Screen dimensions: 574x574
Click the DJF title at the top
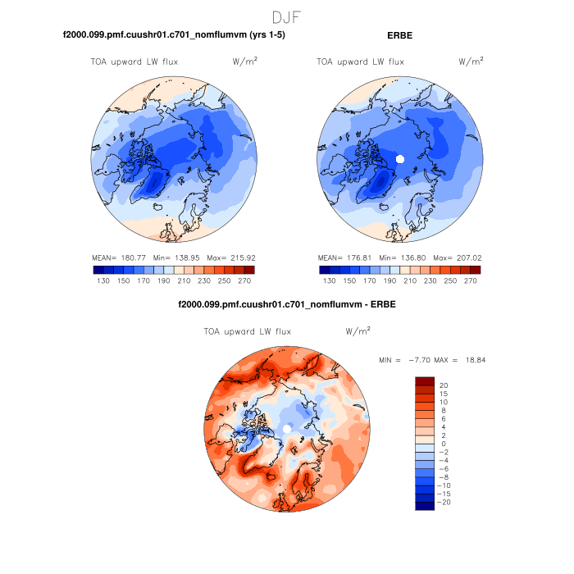pyautogui.click(x=286, y=16)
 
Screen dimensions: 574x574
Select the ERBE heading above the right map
pyautogui.click(x=399, y=36)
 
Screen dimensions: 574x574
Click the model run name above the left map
pyautogui.click(x=174, y=36)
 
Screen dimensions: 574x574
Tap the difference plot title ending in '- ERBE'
pyautogui.click(x=286, y=306)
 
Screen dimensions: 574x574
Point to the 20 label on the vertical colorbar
pyautogui.click(x=443, y=385)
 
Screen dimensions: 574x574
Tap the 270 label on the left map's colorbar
pyautogui.click(x=244, y=280)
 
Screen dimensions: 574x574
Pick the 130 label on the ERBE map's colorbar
pyautogui.click(x=329, y=280)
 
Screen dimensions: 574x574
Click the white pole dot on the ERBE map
pyautogui.click(x=400, y=158)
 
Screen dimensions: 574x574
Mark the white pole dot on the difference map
pyautogui.click(x=287, y=429)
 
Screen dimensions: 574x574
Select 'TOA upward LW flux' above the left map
pyautogui.click(x=134, y=61)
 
